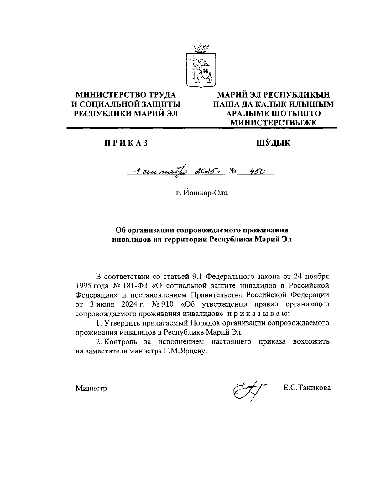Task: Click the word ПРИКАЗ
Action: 126,143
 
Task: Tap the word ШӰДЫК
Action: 273,143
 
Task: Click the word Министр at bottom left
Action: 91,388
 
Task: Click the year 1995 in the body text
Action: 82,286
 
